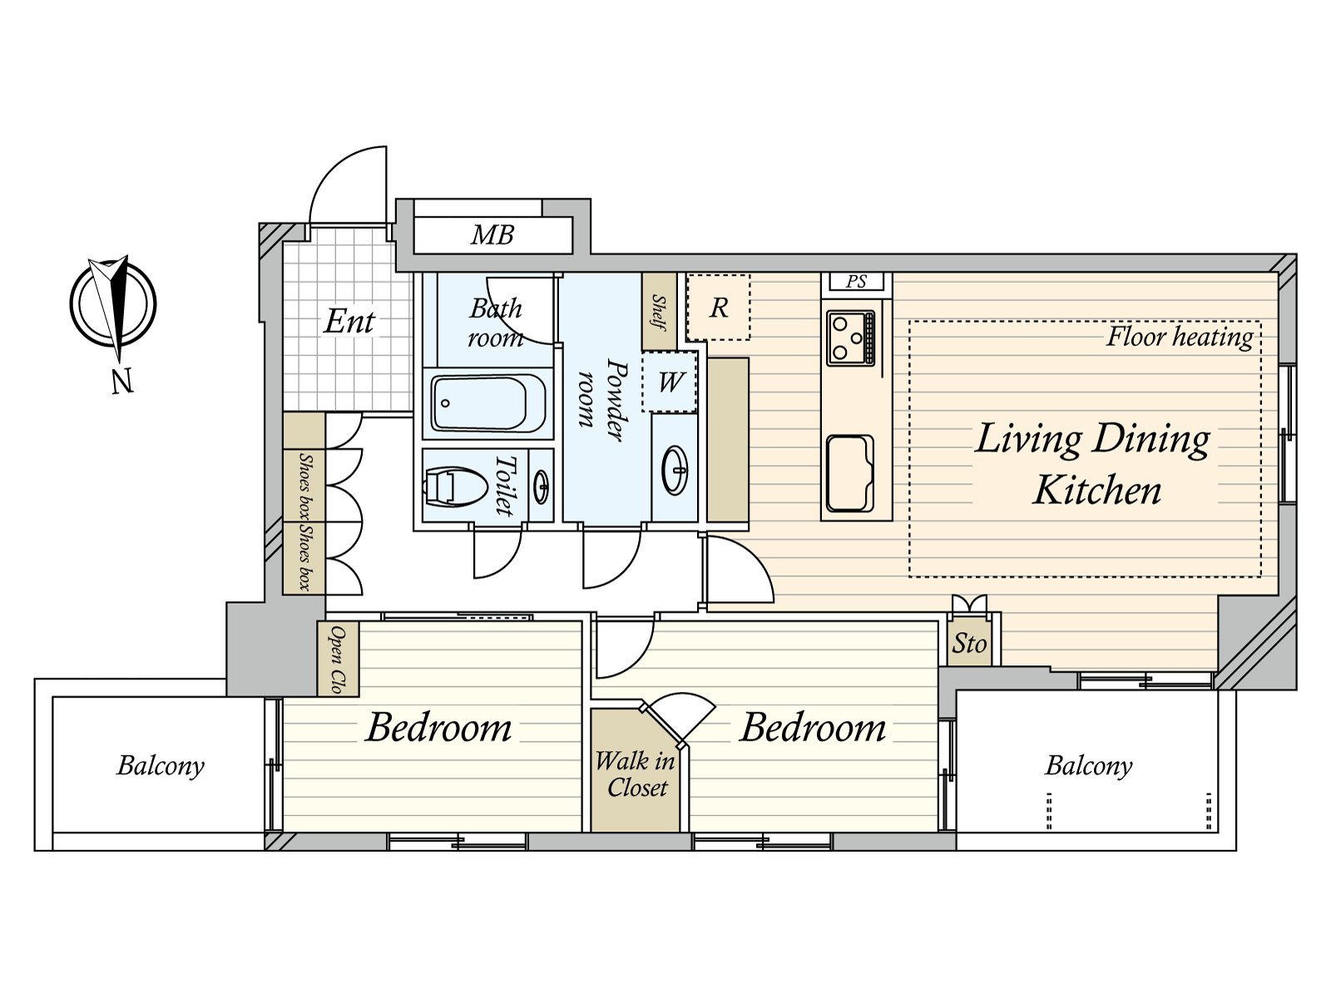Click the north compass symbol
pos(113,304)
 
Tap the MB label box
pos(492,235)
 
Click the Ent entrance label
pos(349,322)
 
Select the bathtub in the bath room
pos(488,403)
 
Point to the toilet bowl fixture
pos(456,486)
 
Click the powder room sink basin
pos(675,470)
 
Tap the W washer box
pos(670,383)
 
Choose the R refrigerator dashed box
pos(719,308)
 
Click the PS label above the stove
pos(856,282)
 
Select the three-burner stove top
pos(851,338)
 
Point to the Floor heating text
pos(1180,337)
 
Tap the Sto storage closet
pos(969,643)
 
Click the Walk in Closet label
pos(636,774)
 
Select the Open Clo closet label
pos(337,659)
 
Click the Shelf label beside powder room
pos(659,312)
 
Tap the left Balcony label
pos(161,765)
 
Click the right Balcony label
pos(1088,765)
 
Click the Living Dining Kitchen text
pos(1094,464)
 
